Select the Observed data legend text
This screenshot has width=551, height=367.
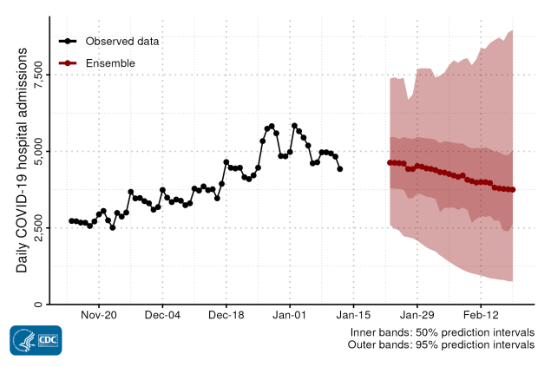click(121, 41)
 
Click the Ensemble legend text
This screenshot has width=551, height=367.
click(109, 63)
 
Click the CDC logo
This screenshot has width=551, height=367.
click(36, 339)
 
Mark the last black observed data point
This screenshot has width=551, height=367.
click(340, 169)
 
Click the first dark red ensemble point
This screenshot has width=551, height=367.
click(390, 162)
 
